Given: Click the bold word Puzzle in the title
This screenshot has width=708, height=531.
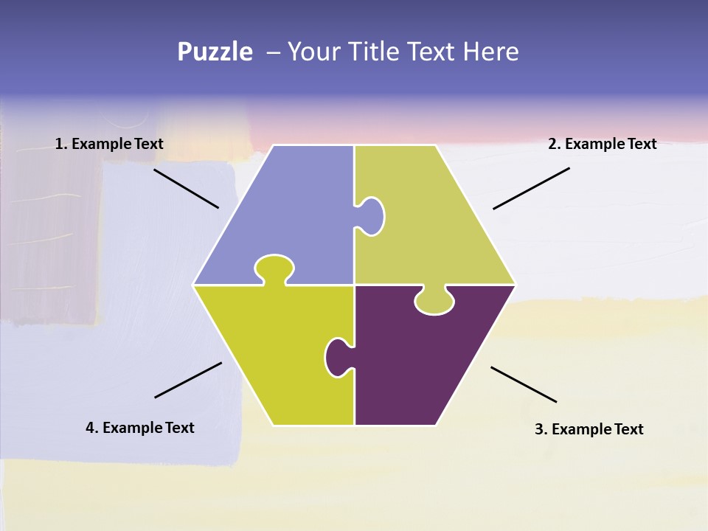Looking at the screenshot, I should coord(215,52).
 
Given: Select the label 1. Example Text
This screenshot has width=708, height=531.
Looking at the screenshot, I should coord(109,144).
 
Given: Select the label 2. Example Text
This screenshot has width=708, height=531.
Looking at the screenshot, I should coord(602,144).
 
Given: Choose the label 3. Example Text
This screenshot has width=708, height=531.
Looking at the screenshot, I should coord(589,429).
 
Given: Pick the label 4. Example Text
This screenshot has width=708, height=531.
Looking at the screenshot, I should coord(140,428).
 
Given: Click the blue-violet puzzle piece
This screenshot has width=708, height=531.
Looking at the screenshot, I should coord(288,214).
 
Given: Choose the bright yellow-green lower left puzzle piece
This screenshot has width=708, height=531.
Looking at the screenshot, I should coord(273,354).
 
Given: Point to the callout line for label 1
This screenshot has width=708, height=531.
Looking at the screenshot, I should coord(186,188).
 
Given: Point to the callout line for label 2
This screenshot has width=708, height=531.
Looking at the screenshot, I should coord(531,188).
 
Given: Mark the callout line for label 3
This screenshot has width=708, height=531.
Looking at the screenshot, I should coord(524,384).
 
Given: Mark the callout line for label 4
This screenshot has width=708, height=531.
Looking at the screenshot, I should coord(188,380).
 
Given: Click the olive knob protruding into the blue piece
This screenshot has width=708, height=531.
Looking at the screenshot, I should coord(371,216).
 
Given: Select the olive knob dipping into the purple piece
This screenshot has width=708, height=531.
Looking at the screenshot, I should coord(434,301).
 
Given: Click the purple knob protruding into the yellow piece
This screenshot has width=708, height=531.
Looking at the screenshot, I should coord(338,357).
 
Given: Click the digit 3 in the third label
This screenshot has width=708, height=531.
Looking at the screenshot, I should coord(538,429).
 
